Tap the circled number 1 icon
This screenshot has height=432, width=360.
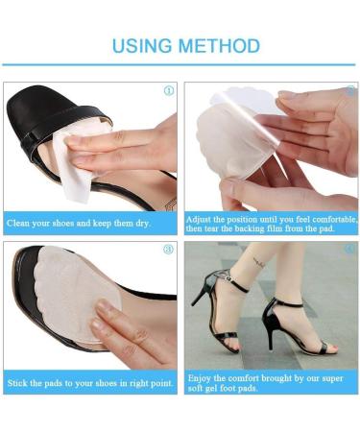tap(169, 91)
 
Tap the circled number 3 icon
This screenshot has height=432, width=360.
tap(168, 250)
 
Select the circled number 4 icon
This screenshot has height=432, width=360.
tap(349, 250)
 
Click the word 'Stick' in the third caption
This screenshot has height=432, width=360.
tap(18, 384)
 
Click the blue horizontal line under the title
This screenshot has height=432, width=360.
tap(180, 64)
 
